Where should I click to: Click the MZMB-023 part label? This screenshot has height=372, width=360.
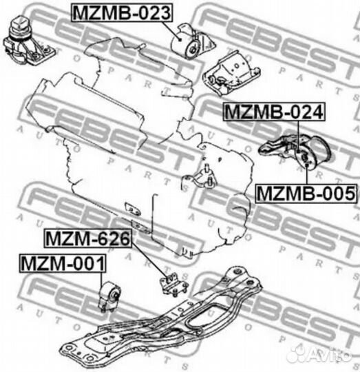pos(122,13)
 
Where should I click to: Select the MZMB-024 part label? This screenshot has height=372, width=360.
pos(274,112)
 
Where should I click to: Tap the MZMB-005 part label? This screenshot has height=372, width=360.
pos(306,194)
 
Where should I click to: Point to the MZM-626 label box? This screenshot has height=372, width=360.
pos(88,238)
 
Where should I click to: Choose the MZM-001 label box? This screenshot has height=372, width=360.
pos(63,263)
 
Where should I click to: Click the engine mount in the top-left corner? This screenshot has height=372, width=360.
pos(28,43)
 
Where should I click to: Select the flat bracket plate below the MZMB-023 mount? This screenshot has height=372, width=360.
pos(231,74)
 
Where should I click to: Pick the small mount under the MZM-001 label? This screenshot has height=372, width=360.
pos(109,296)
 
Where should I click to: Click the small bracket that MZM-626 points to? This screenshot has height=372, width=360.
pos(173,284)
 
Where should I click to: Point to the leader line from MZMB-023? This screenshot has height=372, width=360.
pos(171,31)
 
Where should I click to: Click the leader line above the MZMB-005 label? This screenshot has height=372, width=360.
pos(306,174)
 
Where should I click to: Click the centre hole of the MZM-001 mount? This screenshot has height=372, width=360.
pos(115,295)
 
